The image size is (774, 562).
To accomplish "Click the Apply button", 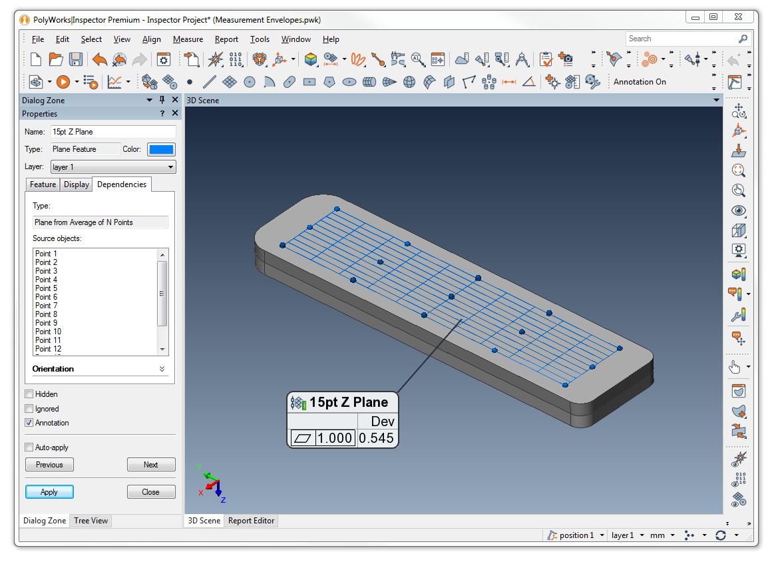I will click(x=49, y=492).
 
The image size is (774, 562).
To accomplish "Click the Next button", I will click(x=151, y=465).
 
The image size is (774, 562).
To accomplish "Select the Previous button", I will click(x=49, y=465).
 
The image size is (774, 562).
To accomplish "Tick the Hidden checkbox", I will click(x=29, y=394).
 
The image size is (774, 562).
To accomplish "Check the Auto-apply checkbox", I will click(x=29, y=447).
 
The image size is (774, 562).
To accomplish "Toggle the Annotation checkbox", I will click(x=29, y=423).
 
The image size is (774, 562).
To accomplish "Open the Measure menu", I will click(x=188, y=39).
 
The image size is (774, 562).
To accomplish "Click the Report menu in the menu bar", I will click(x=226, y=39).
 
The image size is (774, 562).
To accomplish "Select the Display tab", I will click(x=77, y=184).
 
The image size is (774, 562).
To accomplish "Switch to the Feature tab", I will click(x=43, y=184).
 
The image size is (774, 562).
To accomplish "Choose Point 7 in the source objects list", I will click(x=47, y=306).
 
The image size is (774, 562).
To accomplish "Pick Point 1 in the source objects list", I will click(x=47, y=254).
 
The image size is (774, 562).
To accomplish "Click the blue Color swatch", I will click(x=161, y=149).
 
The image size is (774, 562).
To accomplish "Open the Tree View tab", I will click(x=91, y=521).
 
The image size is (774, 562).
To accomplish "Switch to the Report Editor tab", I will click(x=251, y=521).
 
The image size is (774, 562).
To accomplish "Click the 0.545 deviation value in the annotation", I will click(x=376, y=439).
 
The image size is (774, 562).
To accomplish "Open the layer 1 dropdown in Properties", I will click(x=113, y=167).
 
